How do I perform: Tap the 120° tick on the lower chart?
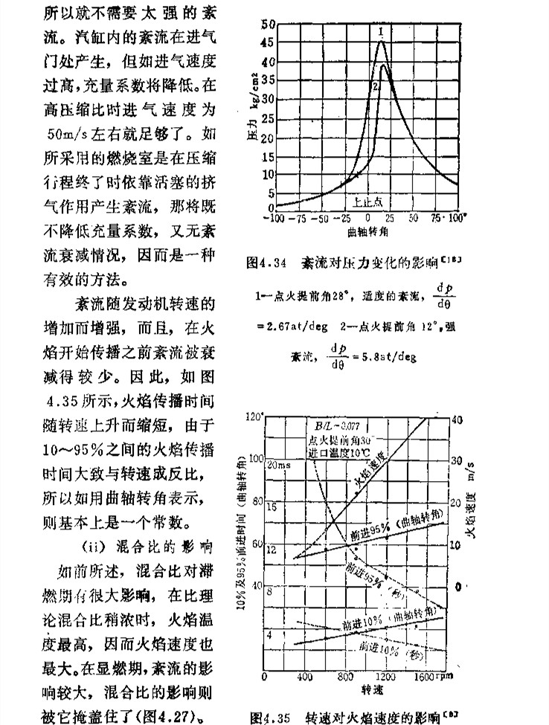[x=256, y=416]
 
